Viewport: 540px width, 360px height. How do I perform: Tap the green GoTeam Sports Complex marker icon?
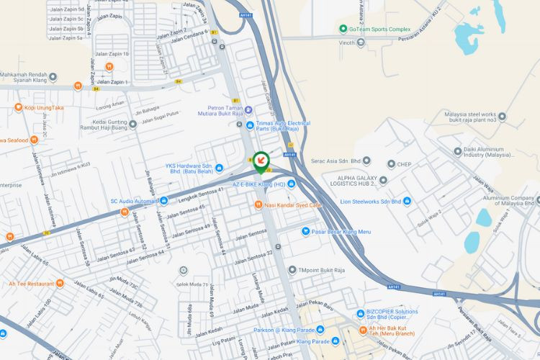[x=343, y=29]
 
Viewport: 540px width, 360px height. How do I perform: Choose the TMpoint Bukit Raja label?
[x=324, y=270]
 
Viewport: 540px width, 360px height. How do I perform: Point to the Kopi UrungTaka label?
[x=44, y=108]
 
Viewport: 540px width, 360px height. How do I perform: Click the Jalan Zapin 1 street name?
[x=112, y=82]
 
